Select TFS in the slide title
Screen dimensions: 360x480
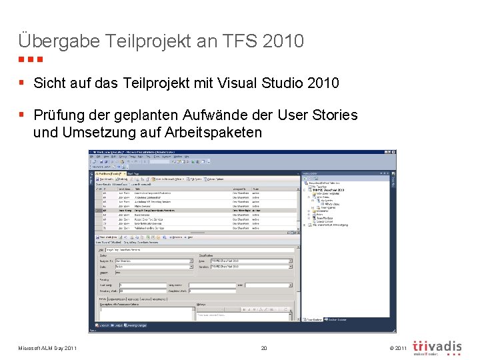pos(237,41)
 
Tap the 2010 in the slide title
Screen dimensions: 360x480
pos(283,41)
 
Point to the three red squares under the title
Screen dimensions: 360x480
pos(31,59)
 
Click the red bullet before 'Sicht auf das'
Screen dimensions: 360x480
pos(22,83)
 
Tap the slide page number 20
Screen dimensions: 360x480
pos(264,348)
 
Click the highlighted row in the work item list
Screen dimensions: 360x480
pos(193,210)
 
